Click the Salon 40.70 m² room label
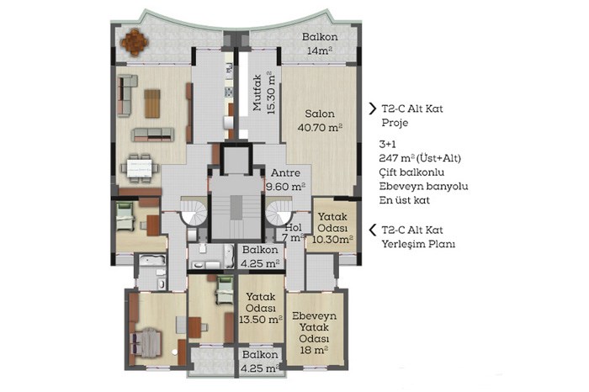point(320,120)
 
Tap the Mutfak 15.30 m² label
point(264,93)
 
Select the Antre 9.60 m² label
point(285,179)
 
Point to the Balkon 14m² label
point(320,44)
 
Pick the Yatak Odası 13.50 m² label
point(261,308)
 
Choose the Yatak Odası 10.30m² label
point(332,227)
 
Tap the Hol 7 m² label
point(293,232)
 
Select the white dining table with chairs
point(140,168)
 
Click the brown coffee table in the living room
point(152,103)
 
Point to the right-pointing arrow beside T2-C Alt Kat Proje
point(372,109)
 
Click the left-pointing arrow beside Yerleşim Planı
point(372,230)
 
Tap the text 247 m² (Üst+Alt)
point(420,158)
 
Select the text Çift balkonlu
point(411,172)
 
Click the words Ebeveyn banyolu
point(424,186)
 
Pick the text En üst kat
point(405,200)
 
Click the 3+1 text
point(388,144)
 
